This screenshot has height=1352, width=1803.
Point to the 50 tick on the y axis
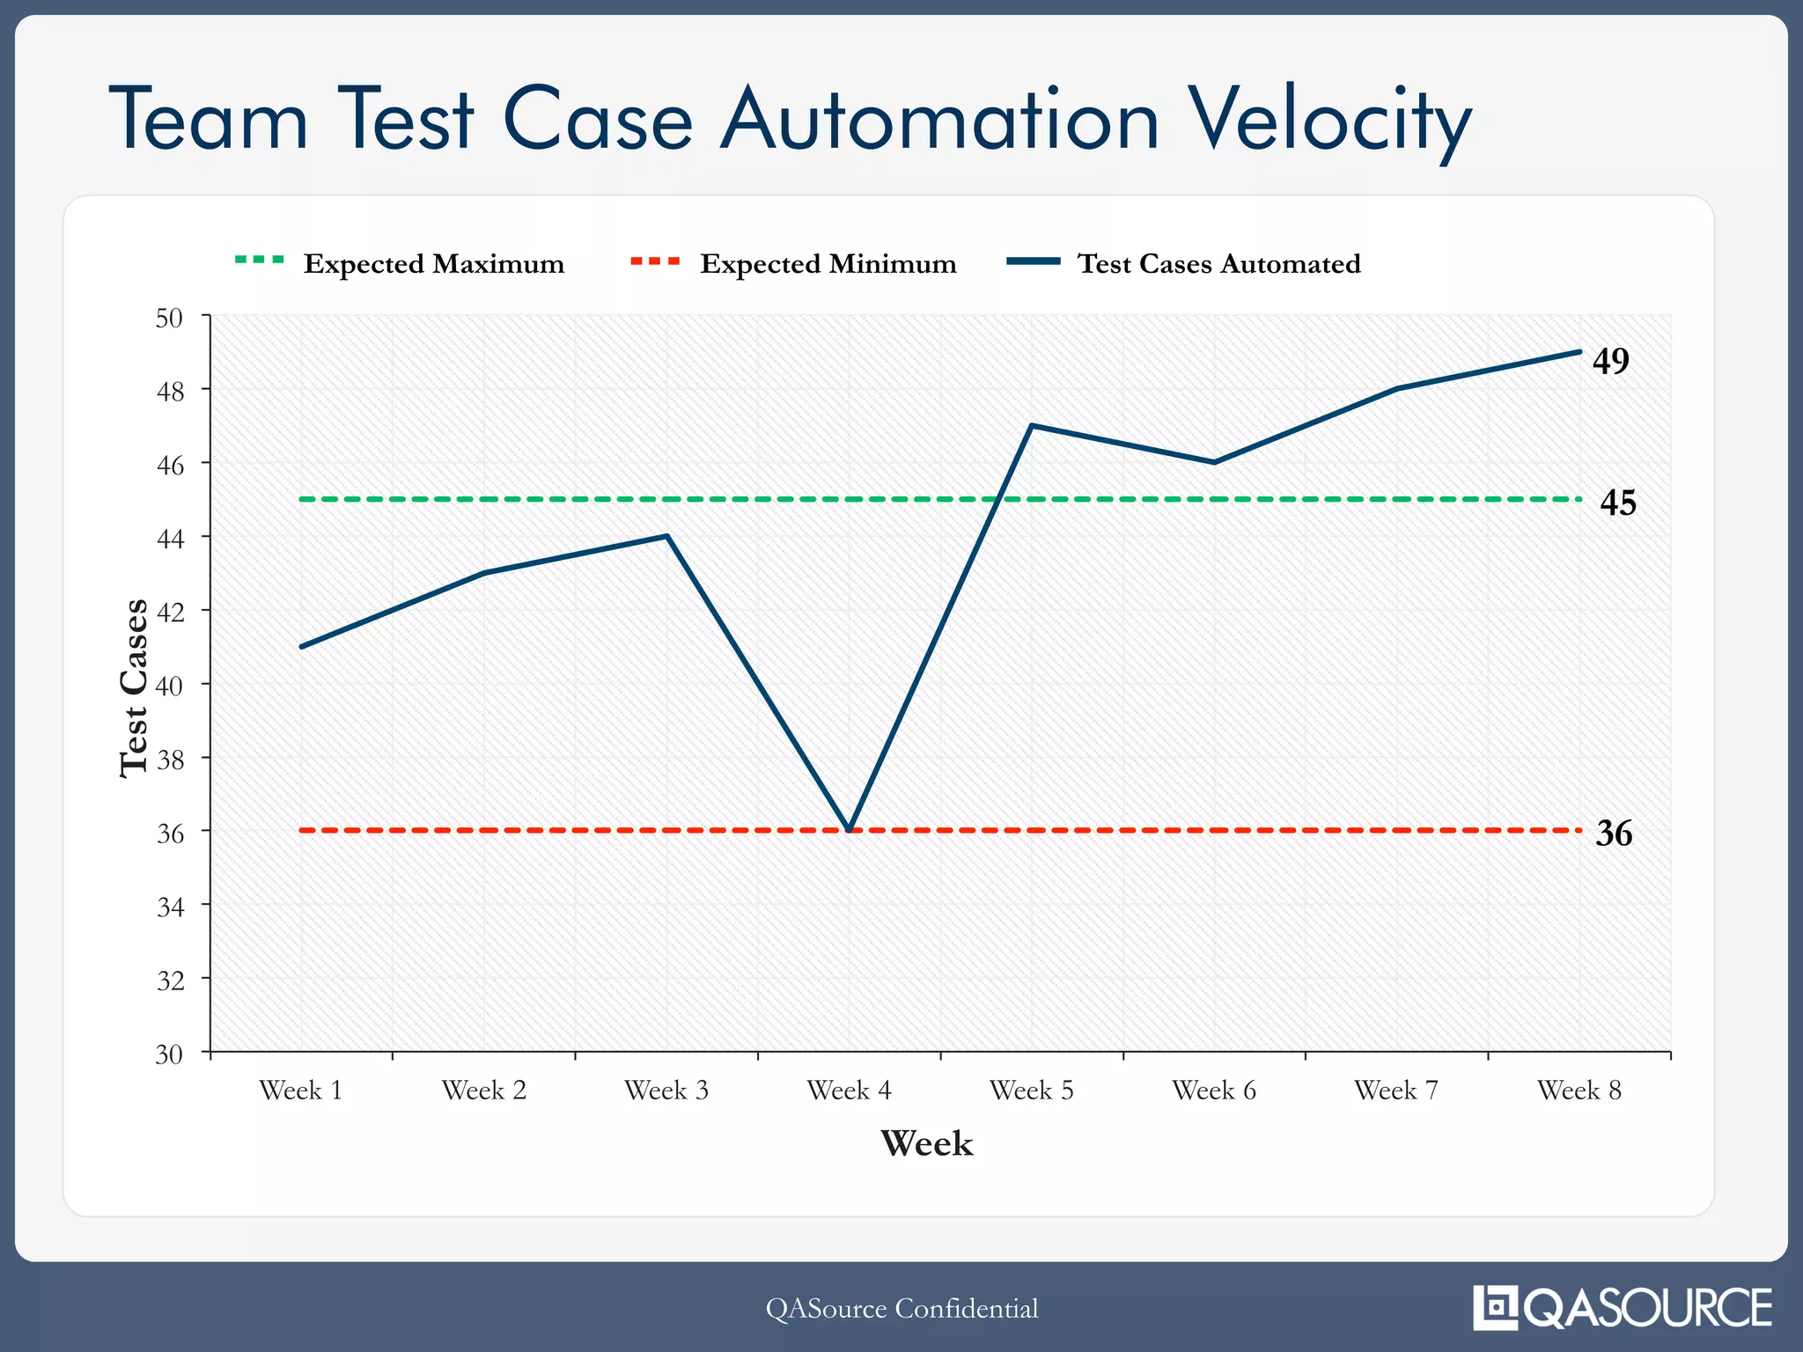169,318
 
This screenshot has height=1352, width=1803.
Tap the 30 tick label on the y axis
169,1054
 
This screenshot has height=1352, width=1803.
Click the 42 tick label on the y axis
169,612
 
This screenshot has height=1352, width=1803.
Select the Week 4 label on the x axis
849,1091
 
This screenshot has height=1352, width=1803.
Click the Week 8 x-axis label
1579,1091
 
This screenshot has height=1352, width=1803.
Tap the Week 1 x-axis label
301,1091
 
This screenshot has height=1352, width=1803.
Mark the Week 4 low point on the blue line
849,829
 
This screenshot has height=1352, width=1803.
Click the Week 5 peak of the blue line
1031,426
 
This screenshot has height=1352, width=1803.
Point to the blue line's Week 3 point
667,536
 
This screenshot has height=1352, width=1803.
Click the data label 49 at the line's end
1610,360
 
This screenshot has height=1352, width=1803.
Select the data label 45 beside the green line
1617,503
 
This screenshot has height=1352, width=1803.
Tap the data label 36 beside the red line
1614,833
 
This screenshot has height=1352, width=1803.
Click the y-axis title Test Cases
134,687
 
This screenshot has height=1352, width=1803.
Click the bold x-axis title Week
926,1143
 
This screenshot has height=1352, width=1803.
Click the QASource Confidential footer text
901,1308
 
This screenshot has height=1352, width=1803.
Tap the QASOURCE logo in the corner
1622,1308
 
